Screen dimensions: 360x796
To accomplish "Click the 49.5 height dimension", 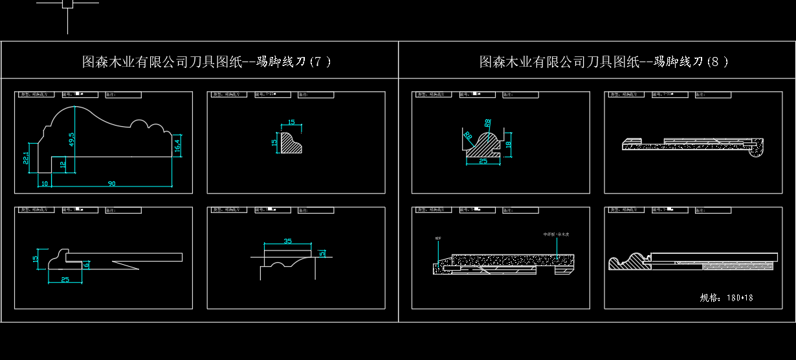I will coord(72,139).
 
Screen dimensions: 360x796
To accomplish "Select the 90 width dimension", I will coord(111,184).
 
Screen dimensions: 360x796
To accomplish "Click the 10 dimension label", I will coord(45,184).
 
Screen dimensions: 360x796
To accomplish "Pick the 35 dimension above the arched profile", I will coord(288,241).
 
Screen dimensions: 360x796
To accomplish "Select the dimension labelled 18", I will coord(508,144).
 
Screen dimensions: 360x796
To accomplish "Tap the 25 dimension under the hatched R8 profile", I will coord(483,161).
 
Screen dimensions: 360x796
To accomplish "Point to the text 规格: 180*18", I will coord(726,298).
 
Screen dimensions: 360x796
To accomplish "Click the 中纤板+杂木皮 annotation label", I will coord(556,234).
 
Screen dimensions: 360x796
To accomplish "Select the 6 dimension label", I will coord(87,264).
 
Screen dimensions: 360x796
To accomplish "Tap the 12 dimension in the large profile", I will coord(63,164).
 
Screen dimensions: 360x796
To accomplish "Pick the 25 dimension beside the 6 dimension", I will coord(65,280).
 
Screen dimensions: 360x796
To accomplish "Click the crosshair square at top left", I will coord(67,3).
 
